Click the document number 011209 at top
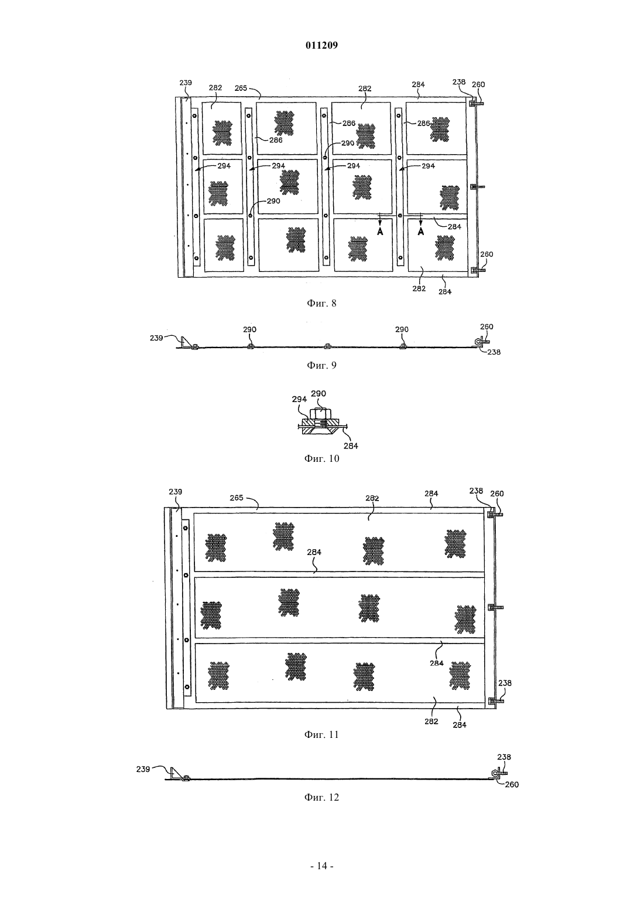click(321, 45)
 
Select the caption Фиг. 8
click(321, 304)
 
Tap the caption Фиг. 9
click(321, 365)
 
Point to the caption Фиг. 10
click(321, 458)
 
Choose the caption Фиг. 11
click(321, 734)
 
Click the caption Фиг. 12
click(321, 797)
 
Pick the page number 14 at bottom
click(321, 865)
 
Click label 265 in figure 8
click(241, 88)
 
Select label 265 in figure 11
click(236, 498)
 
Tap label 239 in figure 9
click(156, 338)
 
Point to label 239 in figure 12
click(143, 769)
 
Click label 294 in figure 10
click(299, 399)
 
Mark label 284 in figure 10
click(351, 446)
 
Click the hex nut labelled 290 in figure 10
click(318, 414)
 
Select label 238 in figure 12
click(504, 757)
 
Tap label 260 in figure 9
click(487, 326)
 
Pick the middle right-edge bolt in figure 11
click(495, 607)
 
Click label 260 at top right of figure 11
click(497, 494)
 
